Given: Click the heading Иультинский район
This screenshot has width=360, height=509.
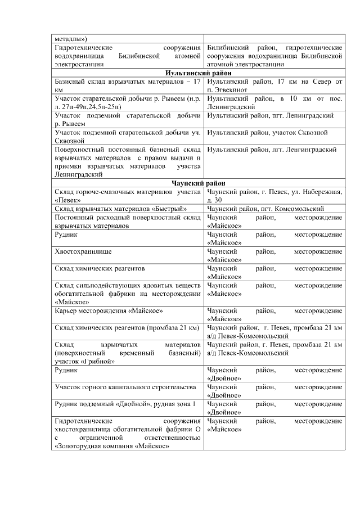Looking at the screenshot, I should (199, 73).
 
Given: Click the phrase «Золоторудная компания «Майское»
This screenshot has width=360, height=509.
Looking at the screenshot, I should (112, 446).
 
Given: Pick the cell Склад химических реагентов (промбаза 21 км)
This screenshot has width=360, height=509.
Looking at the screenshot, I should (127, 327).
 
